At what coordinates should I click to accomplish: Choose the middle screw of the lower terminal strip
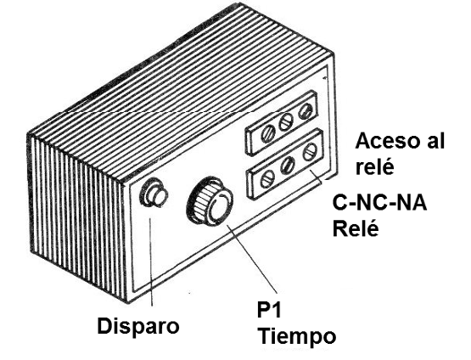[x=289, y=166]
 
